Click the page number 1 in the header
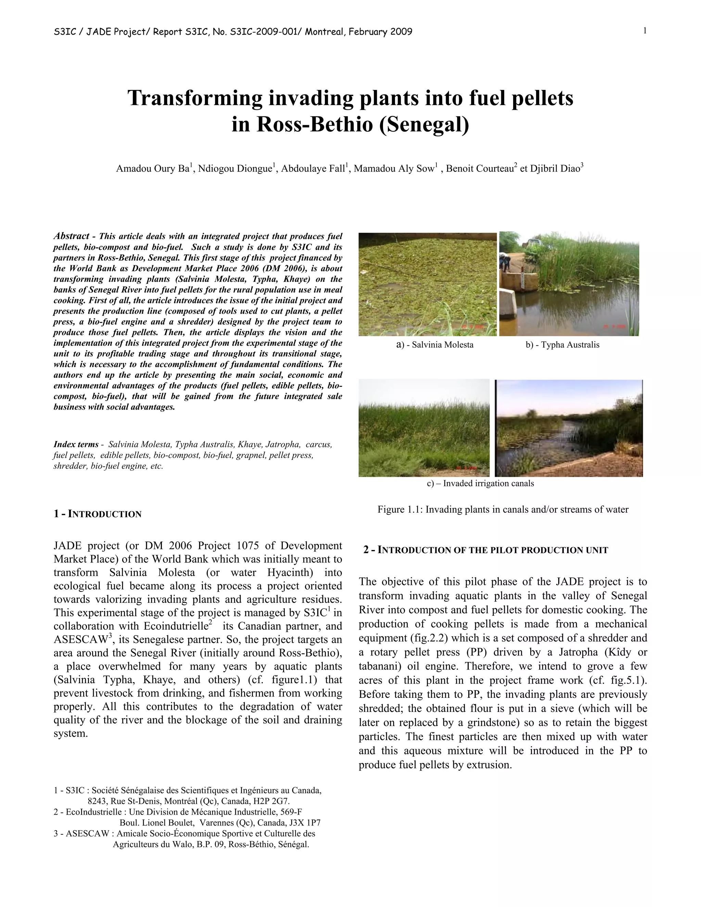[645, 31]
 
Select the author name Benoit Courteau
[479, 169]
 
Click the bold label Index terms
[76, 444]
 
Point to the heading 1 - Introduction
[98, 514]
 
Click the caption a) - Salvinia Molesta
[435, 345]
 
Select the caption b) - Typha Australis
[562, 345]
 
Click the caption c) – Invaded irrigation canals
[481, 483]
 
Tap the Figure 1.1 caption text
[502, 510]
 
